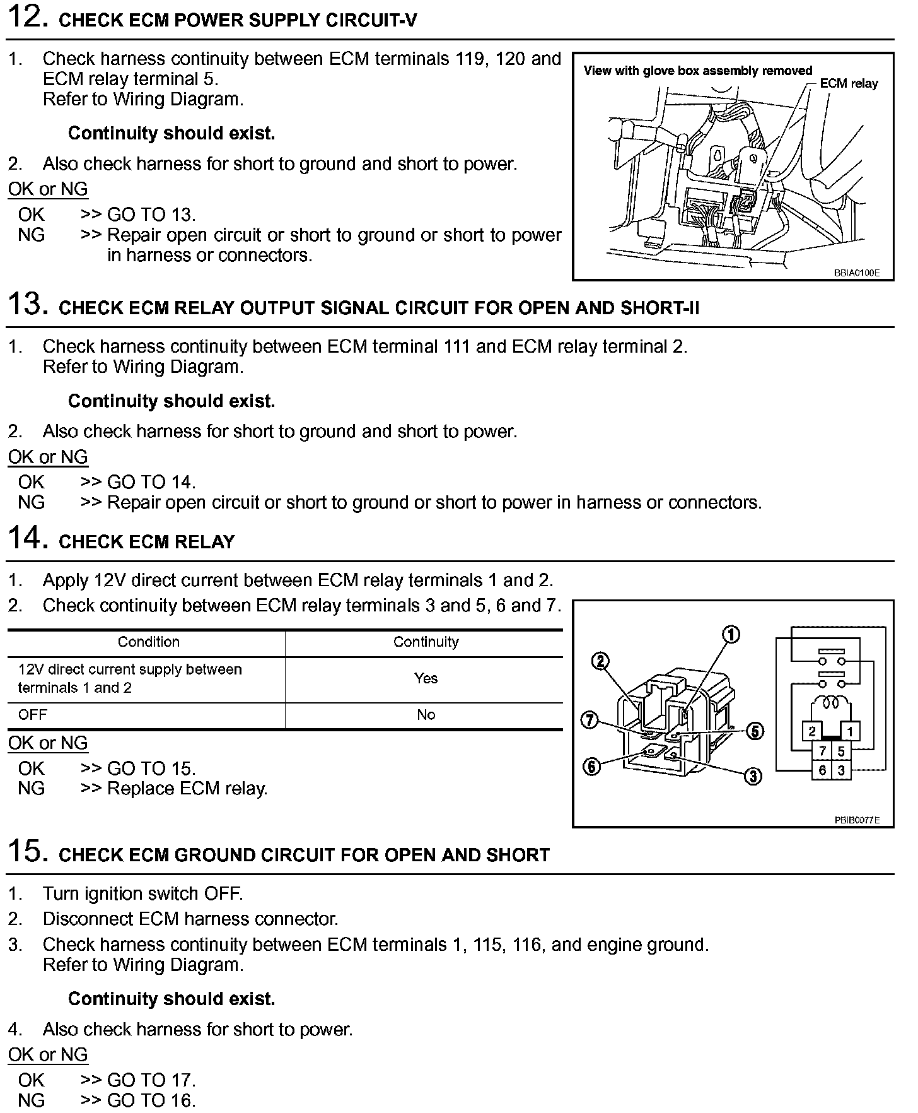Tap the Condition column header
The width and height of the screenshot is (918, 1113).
[149, 642]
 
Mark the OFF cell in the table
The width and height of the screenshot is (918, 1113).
[33, 715]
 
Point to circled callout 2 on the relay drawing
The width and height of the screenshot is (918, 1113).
[600, 661]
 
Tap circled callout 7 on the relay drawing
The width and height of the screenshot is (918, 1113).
[590, 720]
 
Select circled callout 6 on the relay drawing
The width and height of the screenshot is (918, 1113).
[591, 767]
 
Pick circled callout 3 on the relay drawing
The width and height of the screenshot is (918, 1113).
[753, 776]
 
